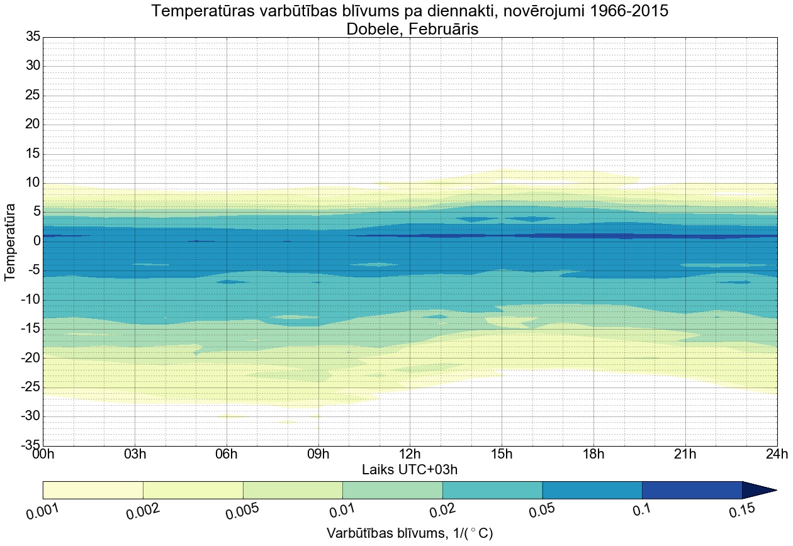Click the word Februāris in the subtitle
pos(444,28)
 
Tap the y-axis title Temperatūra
pos(11,242)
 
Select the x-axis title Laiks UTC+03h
pos(410,469)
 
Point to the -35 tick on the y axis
pos(30,445)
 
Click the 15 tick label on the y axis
pos(33,154)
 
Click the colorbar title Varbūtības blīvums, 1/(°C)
pos(410,533)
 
